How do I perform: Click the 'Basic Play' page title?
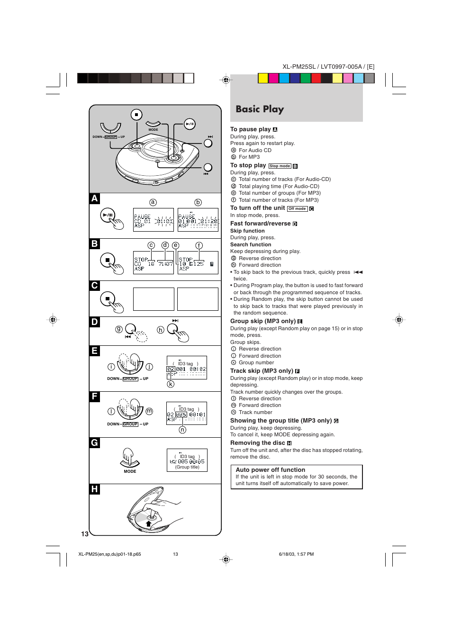pos(260,109)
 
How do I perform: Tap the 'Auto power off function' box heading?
pos(270,470)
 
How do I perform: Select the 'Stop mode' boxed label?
pos(280,166)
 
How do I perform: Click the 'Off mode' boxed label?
pos(297,209)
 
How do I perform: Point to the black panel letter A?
pos(95,198)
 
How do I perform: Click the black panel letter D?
pos(95,322)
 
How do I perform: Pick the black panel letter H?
pos(95,489)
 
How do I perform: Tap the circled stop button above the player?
pos(136,115)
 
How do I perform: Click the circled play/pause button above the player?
pos(190,124)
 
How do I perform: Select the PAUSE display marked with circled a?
pos(154,220)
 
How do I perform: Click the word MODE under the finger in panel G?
pos(130,472)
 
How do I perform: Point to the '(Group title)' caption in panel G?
pos(187,467)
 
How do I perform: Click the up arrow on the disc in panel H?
pos(149,524)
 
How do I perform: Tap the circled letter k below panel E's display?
pos(171,384)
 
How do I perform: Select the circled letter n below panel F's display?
pos(182,430)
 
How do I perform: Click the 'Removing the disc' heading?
pos(258,443)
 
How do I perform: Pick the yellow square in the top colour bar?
pos(263,78)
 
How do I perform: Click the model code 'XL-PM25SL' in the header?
pos(298,67)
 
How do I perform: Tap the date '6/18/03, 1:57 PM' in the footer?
pos(296,554)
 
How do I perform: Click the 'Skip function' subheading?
pos(247,231)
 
